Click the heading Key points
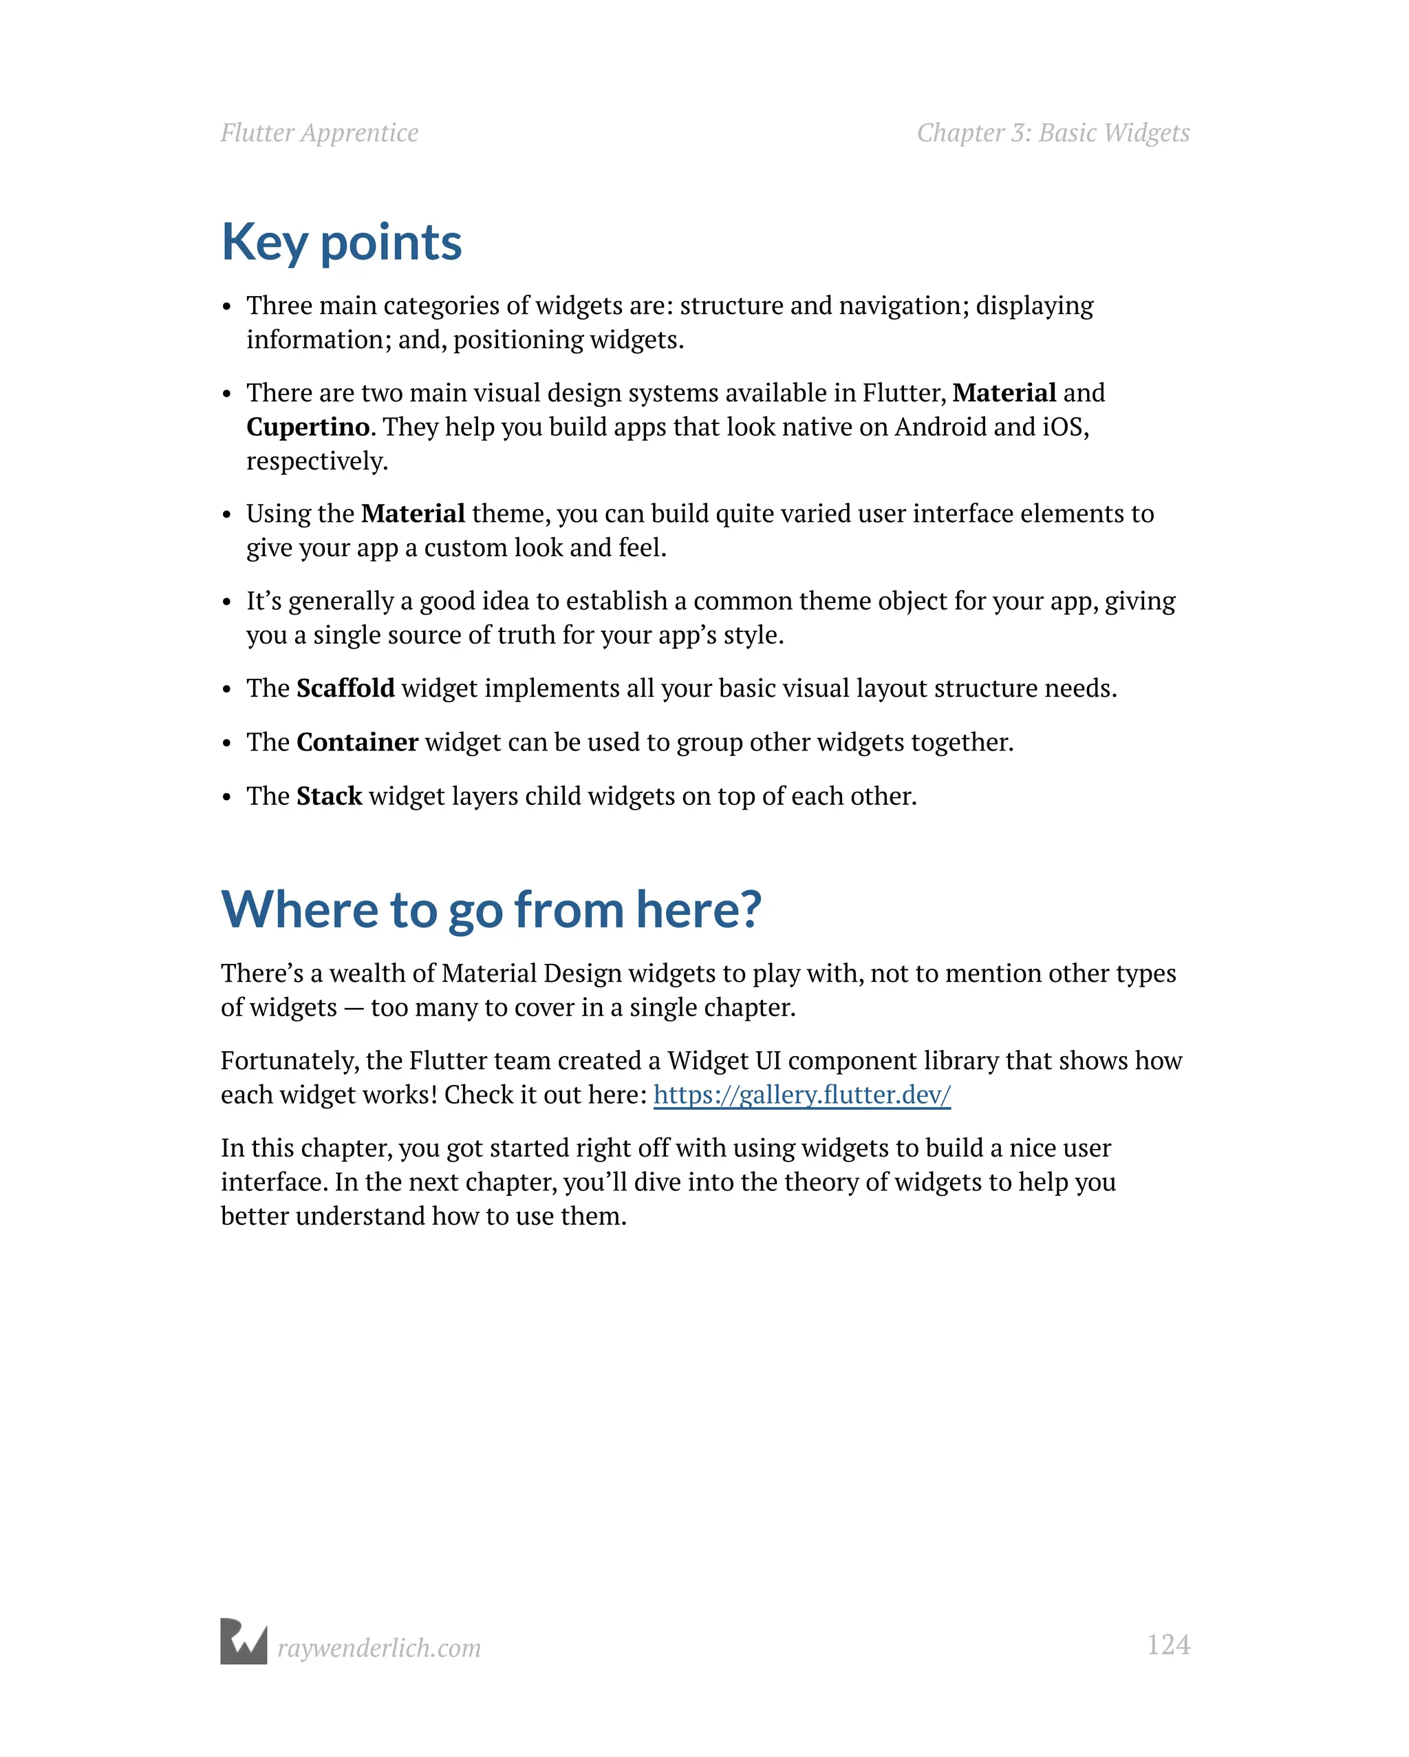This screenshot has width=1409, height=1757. click(x=341, y=243)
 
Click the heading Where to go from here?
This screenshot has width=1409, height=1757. click(x=491, y=909)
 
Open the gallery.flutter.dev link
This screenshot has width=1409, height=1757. click(x=802, y=1095)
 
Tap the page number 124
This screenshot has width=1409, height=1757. click(x=1168, y=1645)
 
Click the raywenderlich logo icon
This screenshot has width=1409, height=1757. click(x=244, y=1641)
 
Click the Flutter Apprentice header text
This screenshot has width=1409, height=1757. click(x=319, y=133)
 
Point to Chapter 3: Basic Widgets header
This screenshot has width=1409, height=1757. click(x=1053, y=133)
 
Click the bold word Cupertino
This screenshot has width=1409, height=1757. click(x=308, y=427)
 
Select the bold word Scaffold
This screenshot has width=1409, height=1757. click(x=345, y=688)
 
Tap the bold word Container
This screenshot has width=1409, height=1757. click(x=357, y=742)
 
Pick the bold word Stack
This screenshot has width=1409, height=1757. click(x=329, y=796)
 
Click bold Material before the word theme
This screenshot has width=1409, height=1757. click(x=413, y=514)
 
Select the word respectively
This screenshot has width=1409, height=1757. click(x=317, y=462)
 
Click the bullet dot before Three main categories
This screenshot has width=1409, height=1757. click(x=227, y=308)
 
